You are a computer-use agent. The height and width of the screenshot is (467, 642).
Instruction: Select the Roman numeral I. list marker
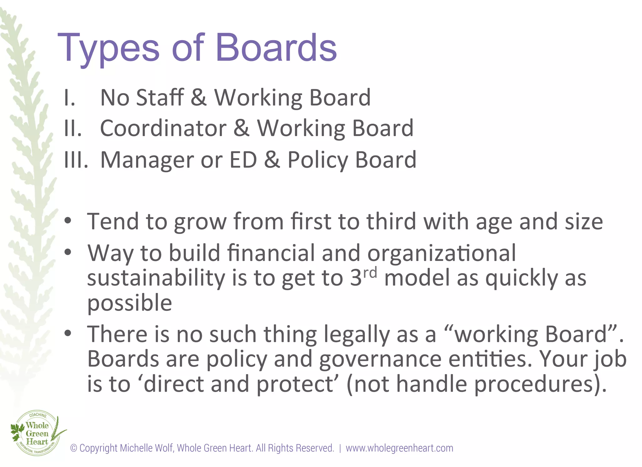pyautogui.click(x=69, y=98)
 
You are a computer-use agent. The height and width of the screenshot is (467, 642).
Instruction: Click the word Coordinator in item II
pyautogui.click(x=163, y=128)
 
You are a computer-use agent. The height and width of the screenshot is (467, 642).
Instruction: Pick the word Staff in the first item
pyautogui.click(x=160, y=97)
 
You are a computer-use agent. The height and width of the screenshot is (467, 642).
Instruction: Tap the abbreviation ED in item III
pyautogui.click(x=243, y=160)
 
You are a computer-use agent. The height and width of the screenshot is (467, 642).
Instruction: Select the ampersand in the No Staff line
pyautogui.click(x=198, y=98)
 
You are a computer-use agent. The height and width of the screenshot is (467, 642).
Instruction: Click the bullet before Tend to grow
pyautogui.click(x=68, y=221)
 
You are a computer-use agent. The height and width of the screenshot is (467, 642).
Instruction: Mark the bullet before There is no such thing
pyautogui.click(x=68, y=333)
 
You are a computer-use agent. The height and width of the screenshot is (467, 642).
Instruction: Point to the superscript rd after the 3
pyautogui.click(x=370, y=273)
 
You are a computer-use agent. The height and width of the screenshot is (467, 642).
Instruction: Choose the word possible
pyautogui.click(x=129, y=303)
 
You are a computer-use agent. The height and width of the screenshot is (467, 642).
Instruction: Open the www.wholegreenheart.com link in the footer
pyautogui.click(x=399, y=448)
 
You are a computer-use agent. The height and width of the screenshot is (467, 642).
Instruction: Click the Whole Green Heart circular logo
pyautogui.click(x=37, y=433)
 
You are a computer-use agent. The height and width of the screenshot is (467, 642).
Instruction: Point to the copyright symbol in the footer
pyautogui.click(x=74, y=448)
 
